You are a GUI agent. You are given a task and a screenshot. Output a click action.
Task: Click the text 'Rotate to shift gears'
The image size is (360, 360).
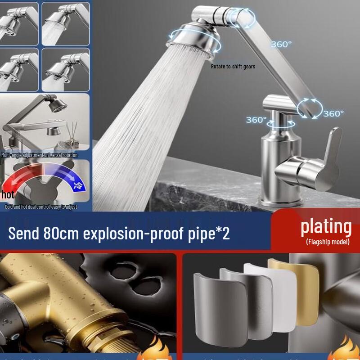[x=233, y=67]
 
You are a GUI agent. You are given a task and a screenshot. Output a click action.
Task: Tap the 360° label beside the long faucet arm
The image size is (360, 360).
[x=281, y=44]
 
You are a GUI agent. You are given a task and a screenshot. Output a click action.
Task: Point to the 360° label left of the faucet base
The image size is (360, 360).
[x=256, y=120]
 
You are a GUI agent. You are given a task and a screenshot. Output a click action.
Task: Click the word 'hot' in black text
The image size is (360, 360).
[x=8, y=194]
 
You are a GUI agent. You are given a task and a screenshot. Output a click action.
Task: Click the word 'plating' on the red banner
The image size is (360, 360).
[x=326, y=226]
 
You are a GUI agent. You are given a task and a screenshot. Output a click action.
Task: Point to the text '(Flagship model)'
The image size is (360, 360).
[x=328, y=242]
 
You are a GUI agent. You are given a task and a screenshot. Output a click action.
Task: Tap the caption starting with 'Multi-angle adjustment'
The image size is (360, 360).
[x=39, y=155]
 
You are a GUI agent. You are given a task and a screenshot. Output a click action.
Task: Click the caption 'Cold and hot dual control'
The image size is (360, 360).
[x=41, y=207]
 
